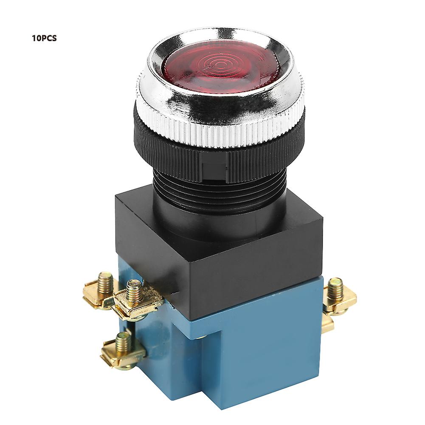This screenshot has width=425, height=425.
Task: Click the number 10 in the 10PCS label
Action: click(35, 38)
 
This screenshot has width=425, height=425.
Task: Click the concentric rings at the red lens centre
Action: click(218, 64)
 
